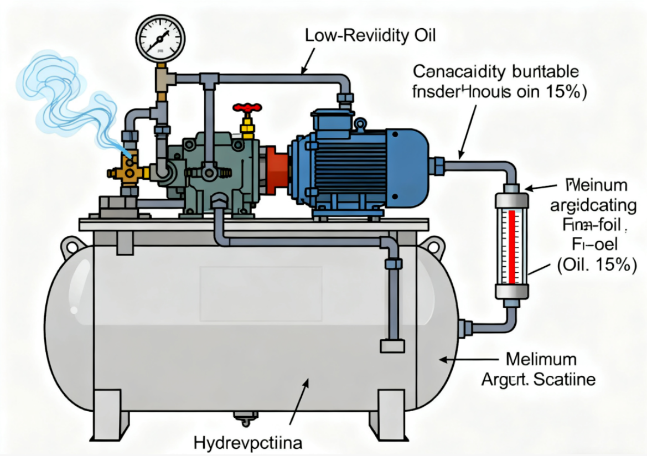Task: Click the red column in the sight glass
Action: [511, 243]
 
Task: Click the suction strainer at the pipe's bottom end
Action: [391, 346]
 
